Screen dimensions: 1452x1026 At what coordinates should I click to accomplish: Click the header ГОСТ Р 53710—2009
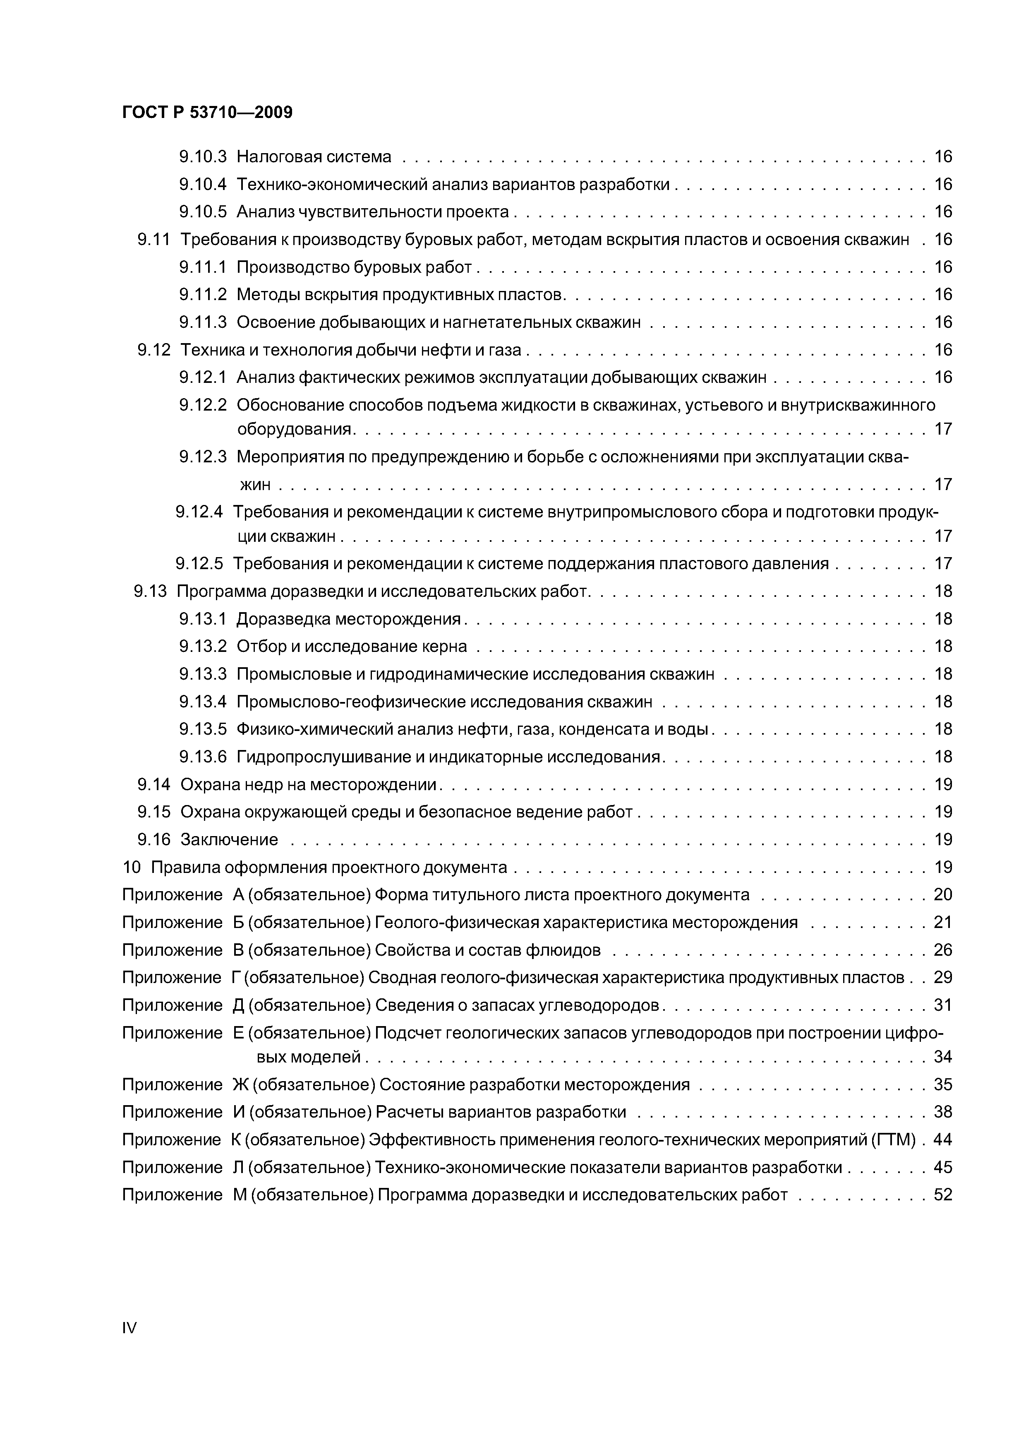coord(207,113)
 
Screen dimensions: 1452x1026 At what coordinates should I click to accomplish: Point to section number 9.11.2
coord(202,295)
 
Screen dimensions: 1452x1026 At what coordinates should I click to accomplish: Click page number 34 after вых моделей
coord(942,1057)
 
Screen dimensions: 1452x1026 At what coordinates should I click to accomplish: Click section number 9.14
coord(153,784)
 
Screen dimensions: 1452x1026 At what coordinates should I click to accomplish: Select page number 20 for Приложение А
coord(942,894)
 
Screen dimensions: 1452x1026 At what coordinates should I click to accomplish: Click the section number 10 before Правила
coord(132,867)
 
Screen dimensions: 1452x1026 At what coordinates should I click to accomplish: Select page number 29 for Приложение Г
coord(942,978)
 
